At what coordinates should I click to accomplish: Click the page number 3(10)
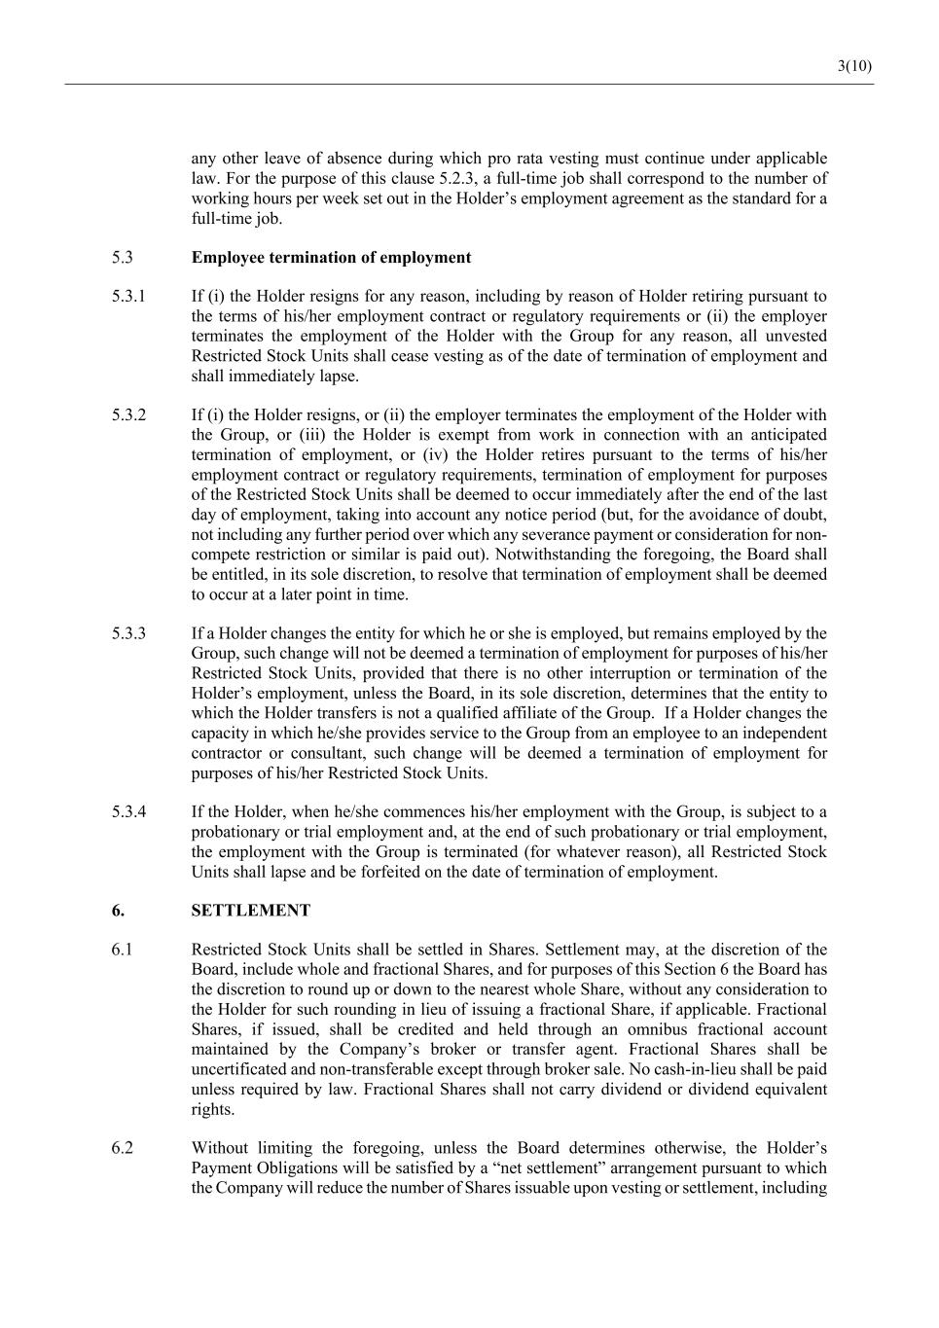[x=853, y=66]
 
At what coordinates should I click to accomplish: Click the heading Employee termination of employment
[x=331, y=258]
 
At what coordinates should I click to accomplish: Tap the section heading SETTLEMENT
[x=251, y=911]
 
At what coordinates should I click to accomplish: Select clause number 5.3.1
[x=128, y=297]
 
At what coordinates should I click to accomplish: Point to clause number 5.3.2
[x=128, y=415]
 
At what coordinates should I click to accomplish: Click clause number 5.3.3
[x=128, y=633]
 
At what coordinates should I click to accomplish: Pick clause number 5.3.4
[x=128, y=811]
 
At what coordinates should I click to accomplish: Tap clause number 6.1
[x=122, y=950]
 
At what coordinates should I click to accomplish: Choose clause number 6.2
[x=122, y=1148]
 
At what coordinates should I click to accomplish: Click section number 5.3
[x=122, y=258]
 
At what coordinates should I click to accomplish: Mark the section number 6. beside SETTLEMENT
[x=118, y=911]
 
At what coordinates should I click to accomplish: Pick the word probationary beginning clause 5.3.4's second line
[x=234, y=832]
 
